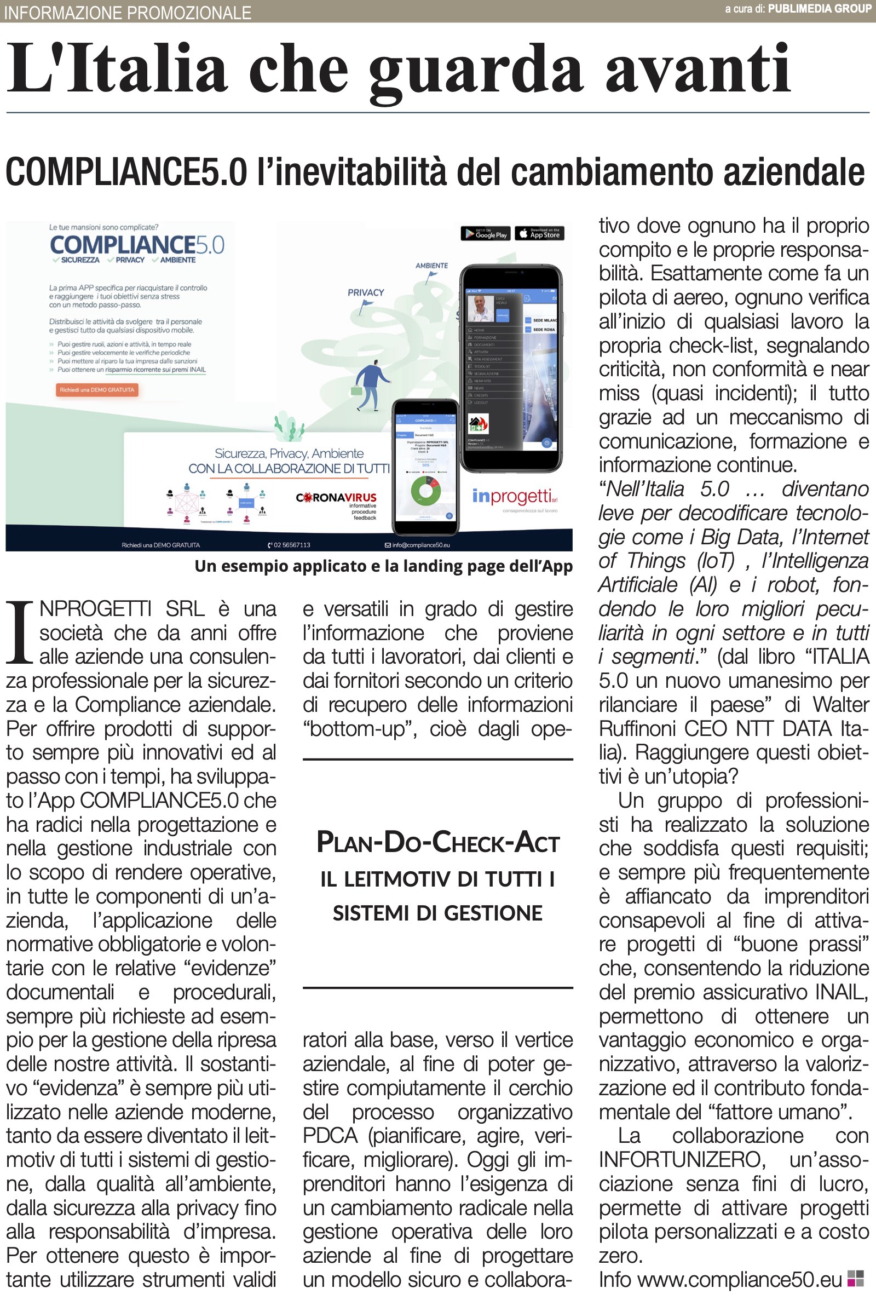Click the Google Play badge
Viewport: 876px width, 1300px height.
tap(486, 234)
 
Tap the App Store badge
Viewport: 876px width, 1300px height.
tap(540, 234)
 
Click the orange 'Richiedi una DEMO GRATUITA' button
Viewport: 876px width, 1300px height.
tap(97, 390)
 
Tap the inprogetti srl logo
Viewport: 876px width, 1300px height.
tap(515, 497)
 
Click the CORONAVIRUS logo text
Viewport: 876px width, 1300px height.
tap(336, 497)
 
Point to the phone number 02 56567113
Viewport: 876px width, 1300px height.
tap(290, 545)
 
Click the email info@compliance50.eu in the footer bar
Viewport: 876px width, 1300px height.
tap(417, 545)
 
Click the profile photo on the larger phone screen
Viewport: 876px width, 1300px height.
tap(480, 309)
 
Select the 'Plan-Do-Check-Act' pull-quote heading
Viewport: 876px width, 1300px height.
tap(438, 843)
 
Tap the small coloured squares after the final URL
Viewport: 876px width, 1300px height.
tap(855, 1279)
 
